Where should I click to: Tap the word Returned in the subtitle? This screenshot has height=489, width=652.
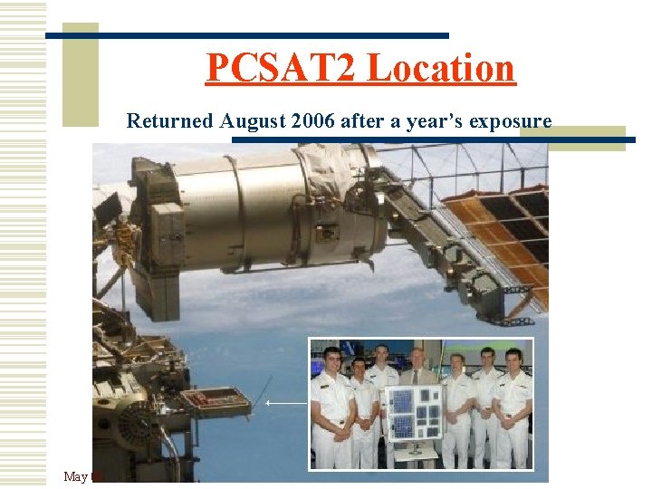pyautogui.click(x=169, y=120)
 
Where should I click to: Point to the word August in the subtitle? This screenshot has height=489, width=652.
pyautogui.click(x=254, y=120)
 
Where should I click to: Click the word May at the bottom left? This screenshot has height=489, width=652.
pyautogui.click(x=76, y=476)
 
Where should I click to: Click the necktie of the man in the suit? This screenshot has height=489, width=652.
pyautogui.click(x=417, y=377)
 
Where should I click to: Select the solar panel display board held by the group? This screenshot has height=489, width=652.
pyautogui.click(x=414, y=413)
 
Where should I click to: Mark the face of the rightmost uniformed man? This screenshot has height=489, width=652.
pyautogui.click(x=513, y=360)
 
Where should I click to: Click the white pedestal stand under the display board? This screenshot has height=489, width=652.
pyautogui.click(x=415, y=457)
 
